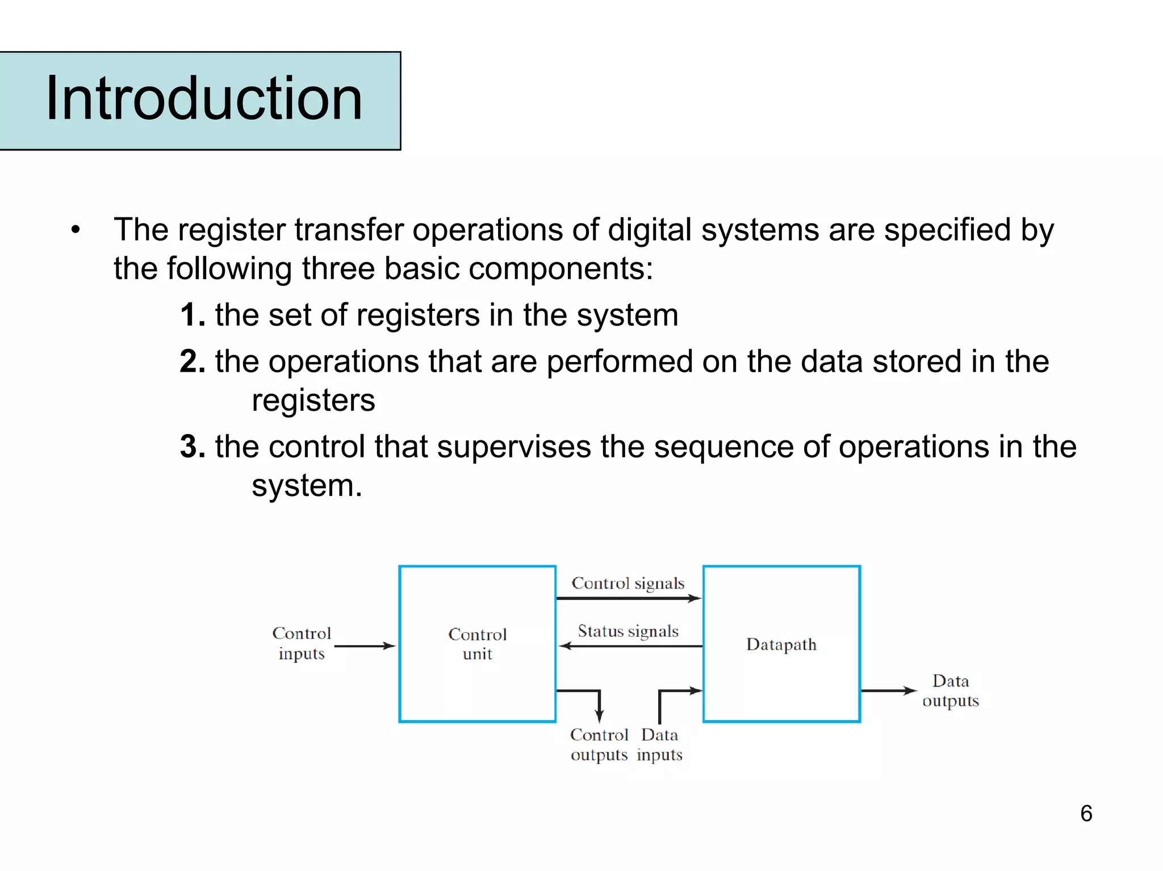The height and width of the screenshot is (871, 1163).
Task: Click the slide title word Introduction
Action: (x=204, y=99)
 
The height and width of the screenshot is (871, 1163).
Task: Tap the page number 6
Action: (x=1086, y=813)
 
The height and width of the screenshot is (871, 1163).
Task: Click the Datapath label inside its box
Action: (x=781, y=645)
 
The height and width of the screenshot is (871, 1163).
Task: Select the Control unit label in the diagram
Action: (x=477, y=644)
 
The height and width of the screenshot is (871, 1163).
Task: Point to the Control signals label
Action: (x=627, y=583)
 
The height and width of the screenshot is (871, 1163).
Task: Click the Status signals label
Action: (x=628, y=632)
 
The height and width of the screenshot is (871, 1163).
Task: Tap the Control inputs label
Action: (x=302, y=643)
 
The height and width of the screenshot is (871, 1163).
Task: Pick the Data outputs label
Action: (x=951, y=691)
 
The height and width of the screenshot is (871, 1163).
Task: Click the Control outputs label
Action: (x=599, y=744)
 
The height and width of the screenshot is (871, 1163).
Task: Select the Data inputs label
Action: (x=659, y=744)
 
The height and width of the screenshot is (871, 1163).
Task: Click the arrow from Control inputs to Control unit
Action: (x=365, y=646)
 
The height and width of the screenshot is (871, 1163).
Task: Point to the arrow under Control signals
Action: (x=629, y=598)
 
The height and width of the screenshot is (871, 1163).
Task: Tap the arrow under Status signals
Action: (x=630, y=646)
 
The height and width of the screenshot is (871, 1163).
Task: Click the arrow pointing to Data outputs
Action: (x=888, y=691)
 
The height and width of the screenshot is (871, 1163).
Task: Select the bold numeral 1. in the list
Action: (x=193, y=315)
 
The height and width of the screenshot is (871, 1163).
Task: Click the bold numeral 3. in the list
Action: (x=193, y=447)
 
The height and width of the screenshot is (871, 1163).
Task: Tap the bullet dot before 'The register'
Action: (x=76, y=230)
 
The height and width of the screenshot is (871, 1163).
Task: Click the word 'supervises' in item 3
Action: (x=514, y=447)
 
